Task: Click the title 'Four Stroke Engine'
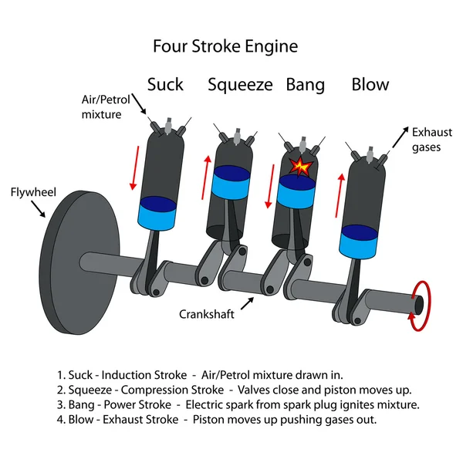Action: click(x=225, y=46)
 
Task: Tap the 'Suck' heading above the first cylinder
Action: click(x=165, y=84)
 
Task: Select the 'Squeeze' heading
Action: click(x=240, y=84)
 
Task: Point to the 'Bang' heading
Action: click(x=305, y=84)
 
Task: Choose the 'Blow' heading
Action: click(x=370, y=84)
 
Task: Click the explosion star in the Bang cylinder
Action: click(x=299, y=165)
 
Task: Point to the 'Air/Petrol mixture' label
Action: click(x=103, y=107)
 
